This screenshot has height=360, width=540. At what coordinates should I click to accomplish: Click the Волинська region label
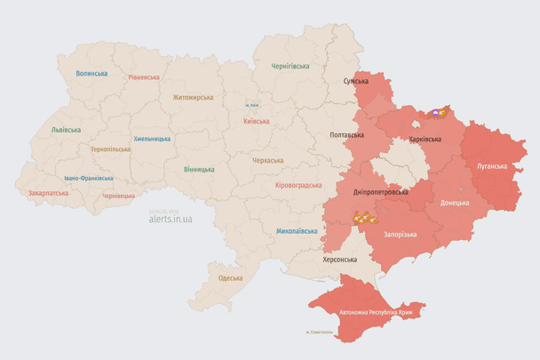pyautogui.click(x=91, y=74)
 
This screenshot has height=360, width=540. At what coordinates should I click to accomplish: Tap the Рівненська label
pyautogui.click(x=143, y=77)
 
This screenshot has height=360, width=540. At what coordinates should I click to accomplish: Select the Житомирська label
pyautogui.click(x=193, y=97)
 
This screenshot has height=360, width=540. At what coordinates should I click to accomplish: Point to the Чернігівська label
pyautogui.click(x=290, y=66)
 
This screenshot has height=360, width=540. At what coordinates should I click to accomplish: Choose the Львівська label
pyautogui.click(x=66, y=130)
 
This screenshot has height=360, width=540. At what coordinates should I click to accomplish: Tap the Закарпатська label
pyautogui.click(x=48, y=192)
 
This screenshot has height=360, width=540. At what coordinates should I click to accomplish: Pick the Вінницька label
pyautogui.click(x=199, y=169)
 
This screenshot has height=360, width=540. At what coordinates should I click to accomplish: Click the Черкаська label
pyautogui.click(x=268, y=161)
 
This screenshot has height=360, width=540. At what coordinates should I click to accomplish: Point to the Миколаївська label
pyautogui.click(x=297, y=230)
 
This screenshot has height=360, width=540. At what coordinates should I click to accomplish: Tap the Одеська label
pyautogui.click(x=231, y=278)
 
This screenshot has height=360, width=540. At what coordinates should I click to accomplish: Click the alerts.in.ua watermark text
pyautogui.click(x=171, y=216)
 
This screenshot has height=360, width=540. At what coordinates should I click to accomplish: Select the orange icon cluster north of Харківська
pyautogui.click(x=439, y=114)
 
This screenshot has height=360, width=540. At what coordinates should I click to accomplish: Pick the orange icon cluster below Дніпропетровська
pyautogui.click(x=362, y=216)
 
